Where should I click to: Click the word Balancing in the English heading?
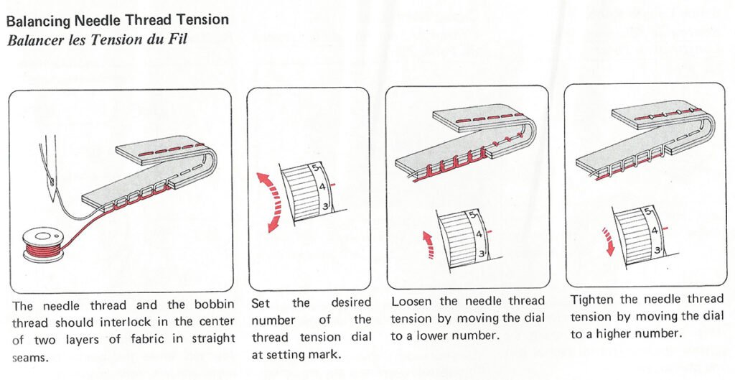(37, 20)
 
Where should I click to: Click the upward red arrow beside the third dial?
(428, 244)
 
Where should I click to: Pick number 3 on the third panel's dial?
(481, 254)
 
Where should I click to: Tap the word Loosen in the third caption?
(413, 301)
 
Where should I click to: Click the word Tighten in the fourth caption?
(594, 299)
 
